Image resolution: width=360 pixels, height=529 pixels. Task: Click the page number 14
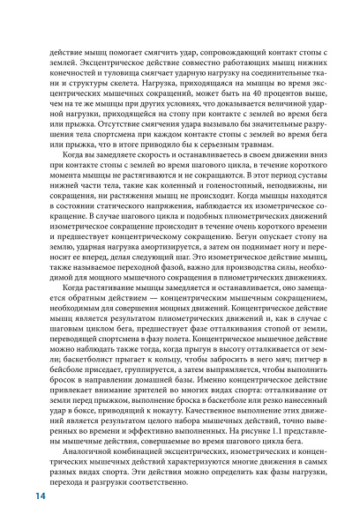(40, 497)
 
